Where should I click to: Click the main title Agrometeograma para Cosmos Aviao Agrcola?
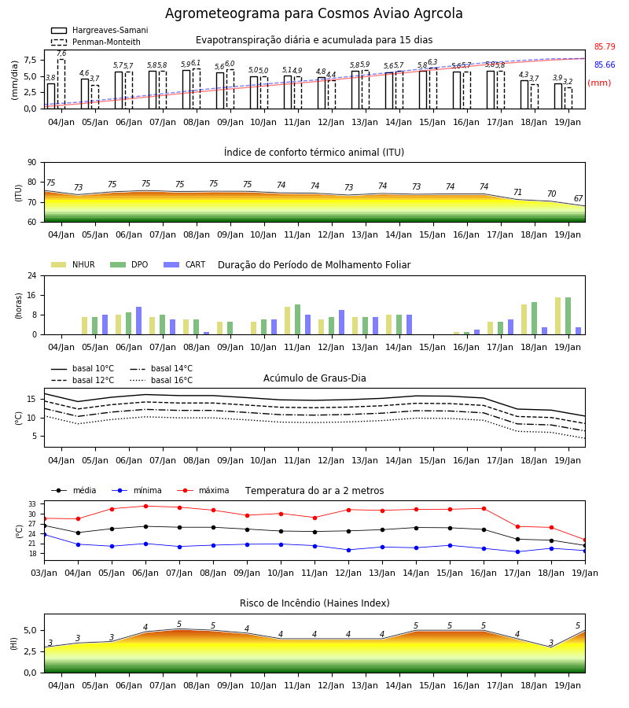(314, 13)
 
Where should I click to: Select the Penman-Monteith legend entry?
(96, 42)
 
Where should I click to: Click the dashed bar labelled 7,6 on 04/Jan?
(61, 84)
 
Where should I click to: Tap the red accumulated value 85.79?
(605, 46)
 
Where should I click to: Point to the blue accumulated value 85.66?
(605, 65)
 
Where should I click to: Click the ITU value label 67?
(578, 198)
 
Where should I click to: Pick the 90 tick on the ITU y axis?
(32, 163)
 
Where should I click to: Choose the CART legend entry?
(184, 264)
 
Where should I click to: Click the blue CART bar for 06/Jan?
(139, 321)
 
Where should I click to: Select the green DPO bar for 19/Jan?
(568, 316)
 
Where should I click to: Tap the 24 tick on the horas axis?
(32, 275)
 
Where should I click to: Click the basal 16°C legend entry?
(161, 380)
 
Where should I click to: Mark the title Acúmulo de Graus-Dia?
(314, 378)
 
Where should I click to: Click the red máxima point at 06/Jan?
(145, 506)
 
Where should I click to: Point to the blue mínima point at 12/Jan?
(348, 550)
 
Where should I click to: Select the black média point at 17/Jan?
(517, 539)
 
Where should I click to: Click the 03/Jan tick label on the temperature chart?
(44, 573)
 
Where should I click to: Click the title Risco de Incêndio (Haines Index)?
(314, 603)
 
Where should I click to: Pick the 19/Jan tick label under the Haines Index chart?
(568, 685)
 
